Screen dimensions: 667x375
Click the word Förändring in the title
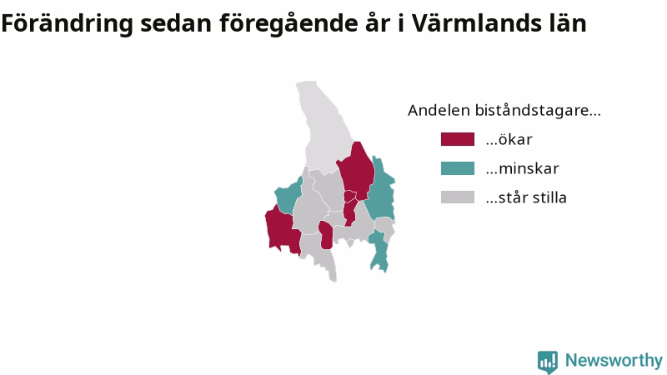click(68, 24)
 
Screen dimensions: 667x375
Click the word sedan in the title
click(176, 23)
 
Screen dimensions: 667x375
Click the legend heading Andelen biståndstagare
click(504, 111)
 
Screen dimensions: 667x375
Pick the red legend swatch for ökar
click(457, 139)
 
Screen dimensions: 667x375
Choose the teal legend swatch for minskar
click(457, 168)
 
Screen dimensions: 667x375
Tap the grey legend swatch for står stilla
click(457, 197)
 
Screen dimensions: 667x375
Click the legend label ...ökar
click(509, 139)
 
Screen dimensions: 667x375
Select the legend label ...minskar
click(522, 168)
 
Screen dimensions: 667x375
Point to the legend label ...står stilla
click(526, 197)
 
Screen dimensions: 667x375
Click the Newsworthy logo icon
click(548, 362)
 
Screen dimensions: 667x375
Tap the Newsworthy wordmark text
click(614, 360)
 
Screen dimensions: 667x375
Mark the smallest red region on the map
click(350, 196)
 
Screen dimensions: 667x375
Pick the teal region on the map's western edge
click(288, 196)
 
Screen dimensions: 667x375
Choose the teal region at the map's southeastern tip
click(379, 251)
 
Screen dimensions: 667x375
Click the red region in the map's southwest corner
click(281, 230)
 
